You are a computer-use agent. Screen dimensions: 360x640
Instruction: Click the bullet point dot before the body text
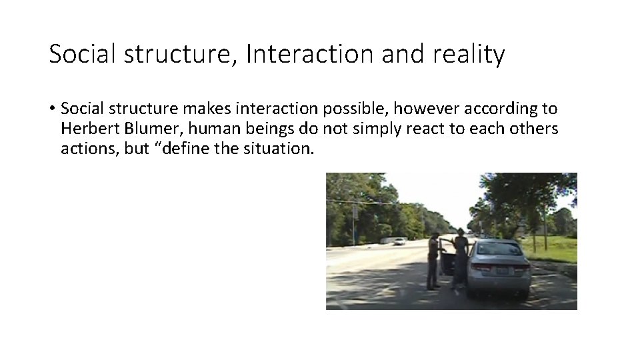pos(52,109)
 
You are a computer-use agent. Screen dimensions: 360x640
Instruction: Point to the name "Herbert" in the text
pos(85,128)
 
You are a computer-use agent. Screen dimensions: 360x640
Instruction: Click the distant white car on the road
pos(399,241)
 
